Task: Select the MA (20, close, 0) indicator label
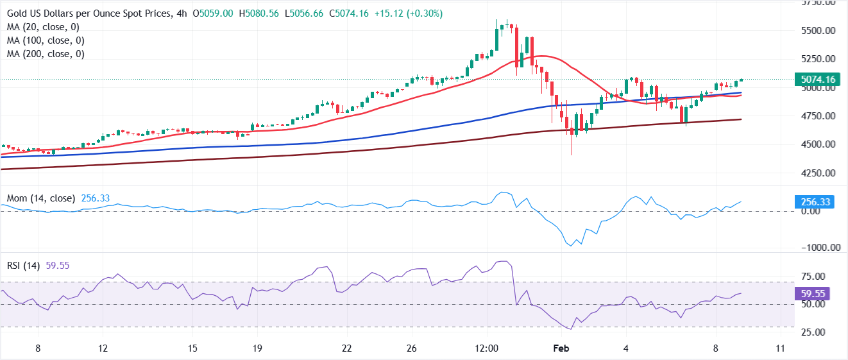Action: coord(42,27)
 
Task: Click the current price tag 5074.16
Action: coord(817,80)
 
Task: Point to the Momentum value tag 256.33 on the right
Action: coord(815,202)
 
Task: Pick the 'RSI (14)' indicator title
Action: coord(22,264)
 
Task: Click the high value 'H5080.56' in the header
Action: coord(259,13)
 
